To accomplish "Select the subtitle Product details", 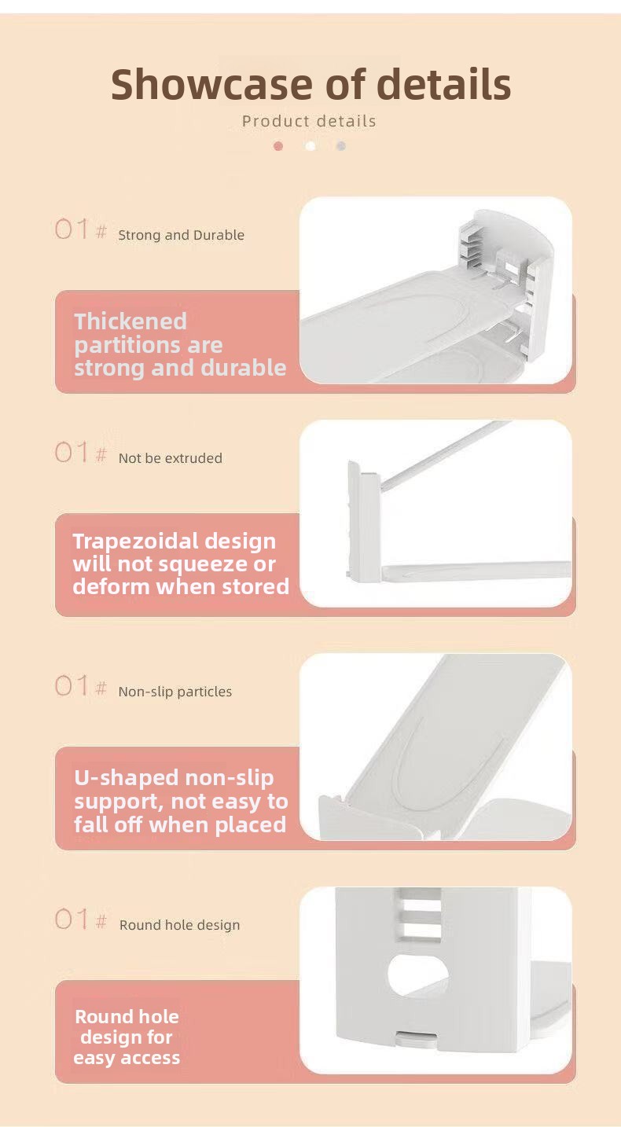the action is (309, 121).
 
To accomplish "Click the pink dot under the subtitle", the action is (278, 146).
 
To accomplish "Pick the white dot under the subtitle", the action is (310, 146).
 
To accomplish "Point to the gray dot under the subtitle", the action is (340, 146).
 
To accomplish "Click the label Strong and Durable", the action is (181, 235).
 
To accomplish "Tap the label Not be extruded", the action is (170, 458).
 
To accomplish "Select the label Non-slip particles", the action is (175, 692).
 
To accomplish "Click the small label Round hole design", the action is (179, 925).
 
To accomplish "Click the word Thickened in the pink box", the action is (130, 321).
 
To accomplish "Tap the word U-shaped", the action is (128, 778).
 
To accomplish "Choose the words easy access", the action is (127, 1058).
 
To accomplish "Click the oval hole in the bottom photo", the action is (417, 975).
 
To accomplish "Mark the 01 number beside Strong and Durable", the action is (72, 229).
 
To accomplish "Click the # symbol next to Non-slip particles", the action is (101, 687).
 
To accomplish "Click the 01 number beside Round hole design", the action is (72, 919).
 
